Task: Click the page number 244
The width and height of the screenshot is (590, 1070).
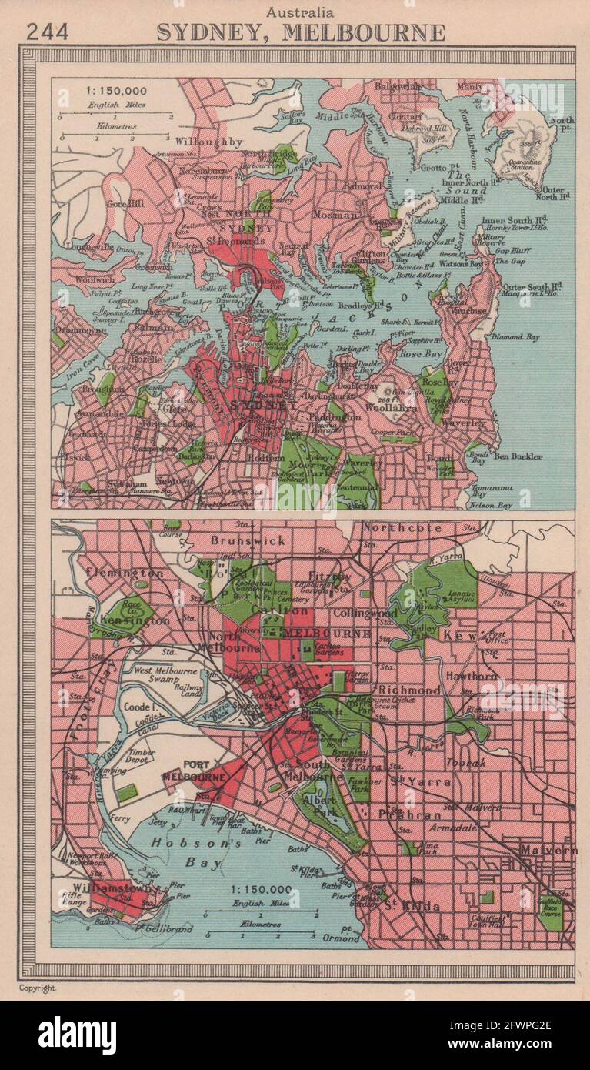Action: point(47,32)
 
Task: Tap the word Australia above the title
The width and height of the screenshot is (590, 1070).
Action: point(300,12)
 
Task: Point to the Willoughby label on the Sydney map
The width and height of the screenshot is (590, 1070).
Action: point(208,142)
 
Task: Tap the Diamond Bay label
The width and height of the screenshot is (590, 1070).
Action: point(519,337)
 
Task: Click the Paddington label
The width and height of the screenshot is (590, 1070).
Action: point(334,416)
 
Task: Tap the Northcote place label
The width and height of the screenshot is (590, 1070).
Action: point(402,528)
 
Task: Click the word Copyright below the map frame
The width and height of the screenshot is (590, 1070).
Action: point(38,988)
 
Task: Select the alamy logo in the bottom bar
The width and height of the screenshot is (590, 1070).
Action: point(77,1035)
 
